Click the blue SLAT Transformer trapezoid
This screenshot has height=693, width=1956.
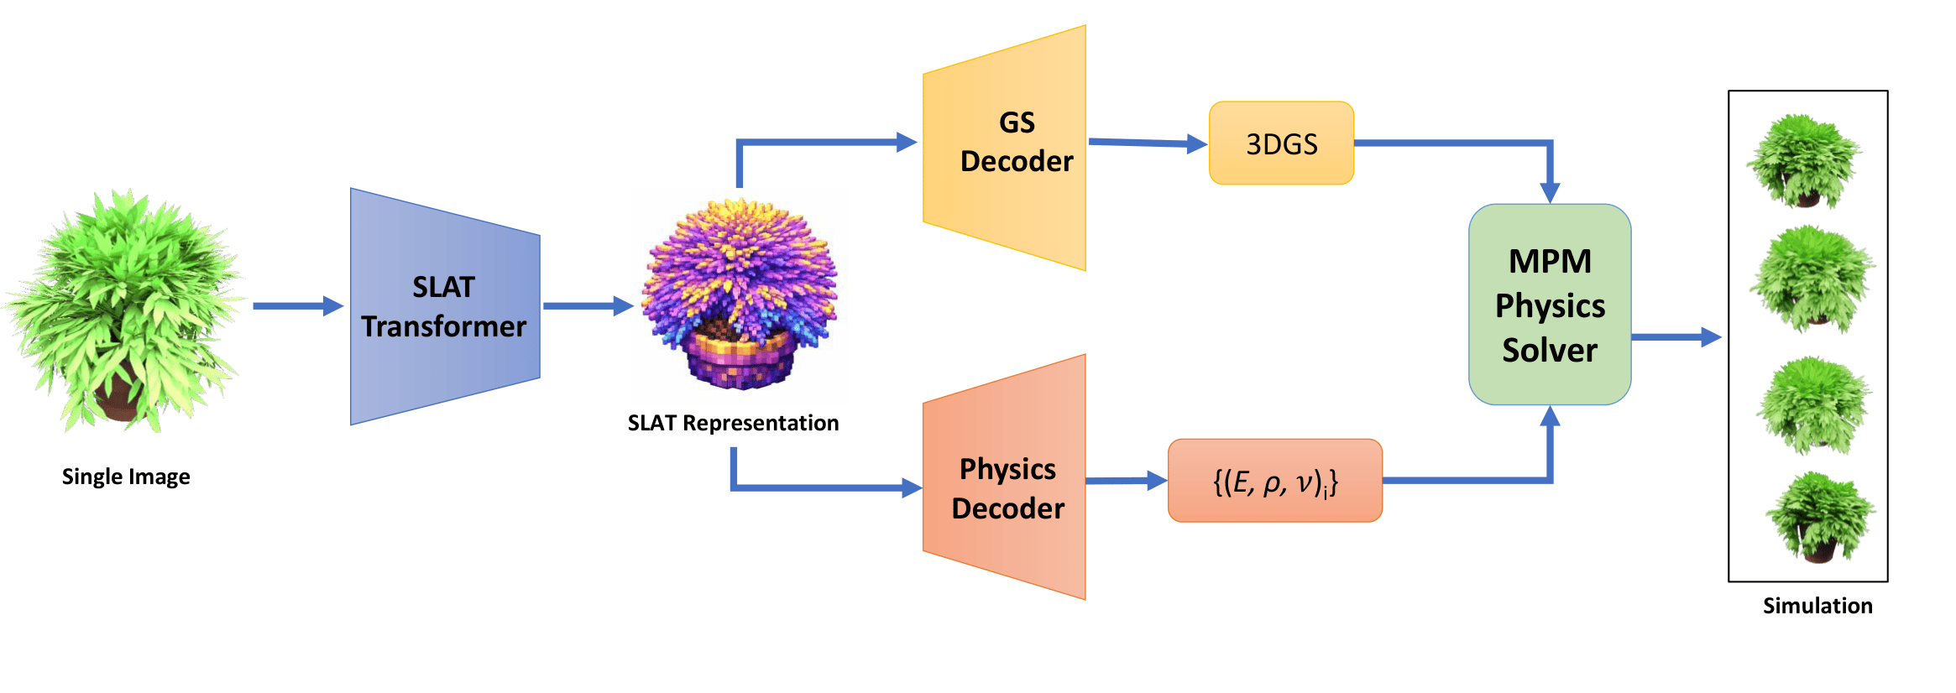pos(445,306)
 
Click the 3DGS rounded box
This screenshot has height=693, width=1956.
pos(1281,143)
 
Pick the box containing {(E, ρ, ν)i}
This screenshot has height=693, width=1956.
pos(1274,481)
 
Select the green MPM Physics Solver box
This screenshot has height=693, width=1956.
pos(1550,305)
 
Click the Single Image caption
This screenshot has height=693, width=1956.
pos(126,477)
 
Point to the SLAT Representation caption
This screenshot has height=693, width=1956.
pos(733,423)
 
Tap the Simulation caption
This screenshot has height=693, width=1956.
pos(1817,606)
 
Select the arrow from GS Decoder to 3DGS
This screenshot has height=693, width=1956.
pos(1146,143)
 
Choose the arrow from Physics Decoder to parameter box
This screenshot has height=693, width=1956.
pos(1125,481)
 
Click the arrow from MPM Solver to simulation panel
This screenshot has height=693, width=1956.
pos(1675,337)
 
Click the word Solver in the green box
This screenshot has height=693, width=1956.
pos(1550,350)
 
